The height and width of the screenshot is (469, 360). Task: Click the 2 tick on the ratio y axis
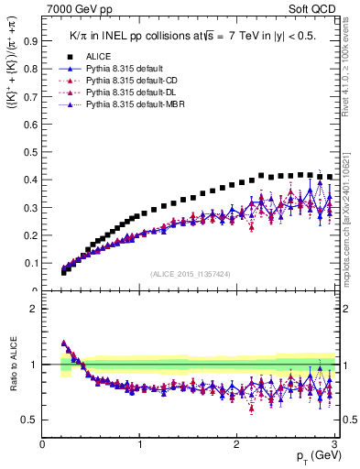[34, 309]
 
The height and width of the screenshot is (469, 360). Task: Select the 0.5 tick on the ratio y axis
[31, 420]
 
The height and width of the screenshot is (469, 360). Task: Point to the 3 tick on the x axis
[335, 445]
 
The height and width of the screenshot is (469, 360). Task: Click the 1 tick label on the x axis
[140, 445]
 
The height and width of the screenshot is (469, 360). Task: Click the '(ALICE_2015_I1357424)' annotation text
[190, 274]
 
